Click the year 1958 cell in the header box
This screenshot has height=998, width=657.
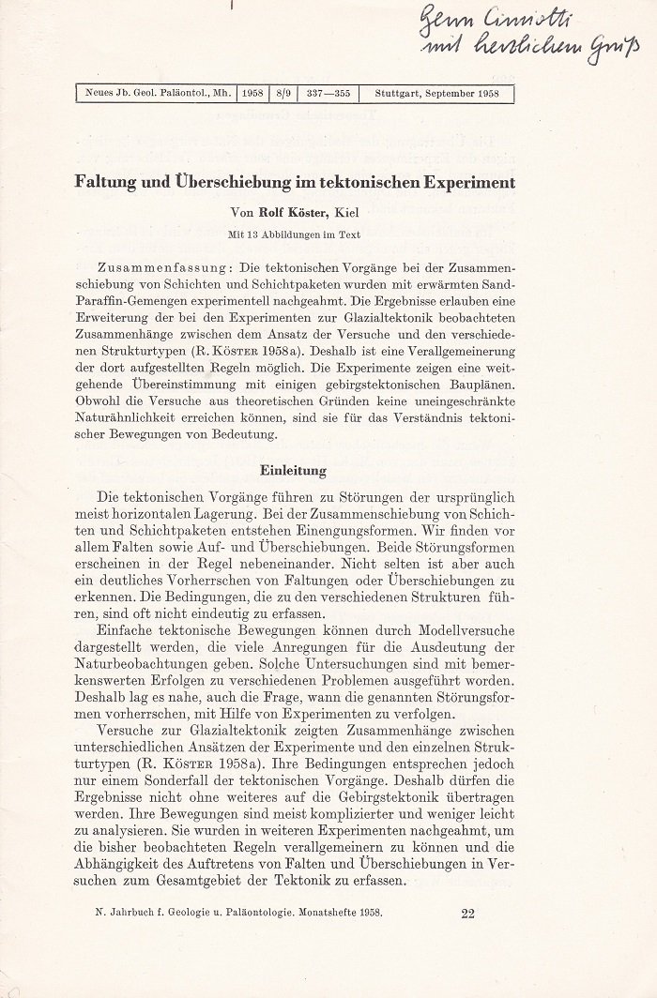252,93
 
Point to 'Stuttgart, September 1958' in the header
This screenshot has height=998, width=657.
436,93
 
